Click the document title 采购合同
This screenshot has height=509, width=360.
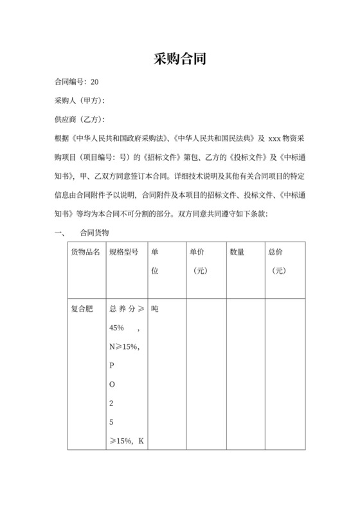pyautogui.click(x=179, y=60)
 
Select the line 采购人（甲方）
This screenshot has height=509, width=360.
pyautogui.click(x=80, y=100)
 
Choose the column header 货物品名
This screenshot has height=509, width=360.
pyautogui.click(x=85, y=253)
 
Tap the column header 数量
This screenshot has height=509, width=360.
pyautogui.click(x=237, y=253)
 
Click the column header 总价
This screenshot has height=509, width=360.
pyautogui.click(x=276, y=253)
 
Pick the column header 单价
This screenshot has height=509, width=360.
pyautogui.click(x=197, y=253)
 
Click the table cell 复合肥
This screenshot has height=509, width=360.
pyautogui.click(x=81, y=309)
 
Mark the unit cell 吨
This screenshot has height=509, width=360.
pyautogui.click(x=155, y=309)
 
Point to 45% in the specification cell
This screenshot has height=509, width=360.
pyautogui.click(x=117, y=328)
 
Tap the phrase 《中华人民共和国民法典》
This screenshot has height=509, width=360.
pyautogui.click(x=213, y=138)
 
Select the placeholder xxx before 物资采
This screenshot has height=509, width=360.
pyautogui.click(x=274, y=138)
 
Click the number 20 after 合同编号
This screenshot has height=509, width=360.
pyautogui.click(x=95, y=82)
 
